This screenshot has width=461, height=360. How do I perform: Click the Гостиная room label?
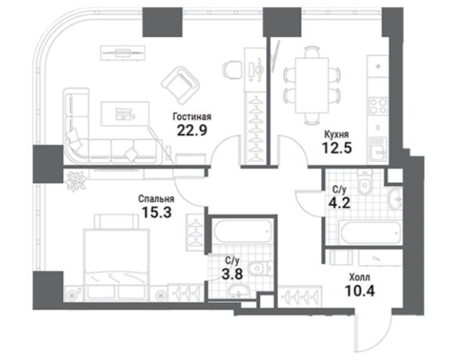point(192,116)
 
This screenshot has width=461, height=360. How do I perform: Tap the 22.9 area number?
point(192,130)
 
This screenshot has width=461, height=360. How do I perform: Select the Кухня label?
point(336,134)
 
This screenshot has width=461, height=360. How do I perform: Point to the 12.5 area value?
point(337,148)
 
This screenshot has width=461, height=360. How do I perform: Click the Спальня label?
point(156,198)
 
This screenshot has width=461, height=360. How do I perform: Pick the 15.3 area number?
point(156,212)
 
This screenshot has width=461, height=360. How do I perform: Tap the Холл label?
point(360,277)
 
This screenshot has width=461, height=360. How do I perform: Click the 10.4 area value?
point(360,291)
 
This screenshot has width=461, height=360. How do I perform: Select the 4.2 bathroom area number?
point(339,203)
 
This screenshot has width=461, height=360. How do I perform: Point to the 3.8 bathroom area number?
point(232,274)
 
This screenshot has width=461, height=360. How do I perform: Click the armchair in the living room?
point(180,85)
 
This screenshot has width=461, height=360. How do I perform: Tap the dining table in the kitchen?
point(312,86)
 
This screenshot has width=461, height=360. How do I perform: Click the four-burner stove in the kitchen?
point(378,106)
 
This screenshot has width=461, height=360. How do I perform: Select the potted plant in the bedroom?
point(76,181)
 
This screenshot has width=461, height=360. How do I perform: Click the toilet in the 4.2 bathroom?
point(365,182)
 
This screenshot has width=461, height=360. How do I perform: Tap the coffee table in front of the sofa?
point(125,114)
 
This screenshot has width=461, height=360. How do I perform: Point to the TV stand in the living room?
point(123,53)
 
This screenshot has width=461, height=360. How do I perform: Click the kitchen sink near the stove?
point(378,149)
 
